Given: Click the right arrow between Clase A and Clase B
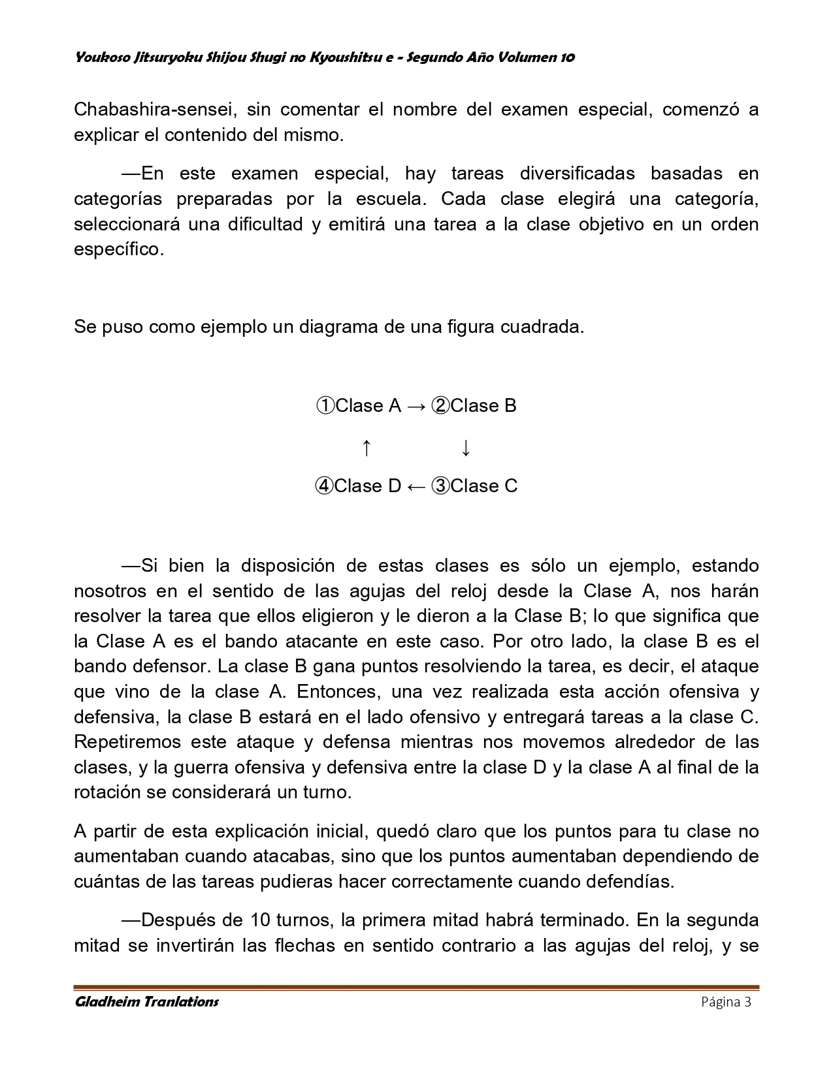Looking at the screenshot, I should [x=416, y=406].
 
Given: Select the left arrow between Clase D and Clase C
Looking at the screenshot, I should [x=416, y=486].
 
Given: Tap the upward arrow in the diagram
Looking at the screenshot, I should [x=367, y=448].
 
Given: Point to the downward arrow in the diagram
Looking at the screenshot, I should [x=466, y=448].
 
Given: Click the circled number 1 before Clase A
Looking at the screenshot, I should [x=325, y=406].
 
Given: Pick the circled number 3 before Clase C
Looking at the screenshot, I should [x=441, y=486].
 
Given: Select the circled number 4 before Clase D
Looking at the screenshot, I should [x=324, y=486].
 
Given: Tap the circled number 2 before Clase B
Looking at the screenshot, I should [x=441, y=406].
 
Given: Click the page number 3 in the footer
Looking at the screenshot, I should [x=747, y=1002].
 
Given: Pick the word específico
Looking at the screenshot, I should [x=119, y=249].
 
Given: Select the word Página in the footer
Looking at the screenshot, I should [x=719, y=1002].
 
